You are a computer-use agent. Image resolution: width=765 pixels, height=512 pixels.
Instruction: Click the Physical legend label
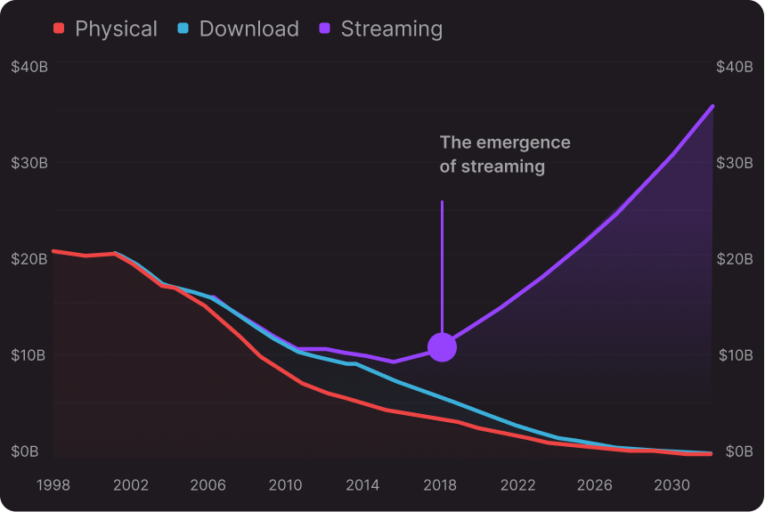[116, 28]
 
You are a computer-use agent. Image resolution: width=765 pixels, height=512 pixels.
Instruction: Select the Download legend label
[248, 28]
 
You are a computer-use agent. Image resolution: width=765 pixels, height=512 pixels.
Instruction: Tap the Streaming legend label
[391, 28]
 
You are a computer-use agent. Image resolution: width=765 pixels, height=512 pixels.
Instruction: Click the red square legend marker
[60, 28]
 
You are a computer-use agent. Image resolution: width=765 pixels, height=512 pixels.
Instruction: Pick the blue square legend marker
[183, 28]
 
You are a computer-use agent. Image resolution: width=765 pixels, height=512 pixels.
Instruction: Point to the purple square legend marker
[325, 28]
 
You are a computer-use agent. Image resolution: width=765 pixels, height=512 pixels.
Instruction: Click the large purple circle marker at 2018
[442, 347]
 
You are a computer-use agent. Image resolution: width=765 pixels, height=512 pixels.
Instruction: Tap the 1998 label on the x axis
[53, 485]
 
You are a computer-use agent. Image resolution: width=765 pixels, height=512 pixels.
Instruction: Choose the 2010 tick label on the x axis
[285, 485]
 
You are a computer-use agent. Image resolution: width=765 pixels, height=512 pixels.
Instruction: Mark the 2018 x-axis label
[440, 485]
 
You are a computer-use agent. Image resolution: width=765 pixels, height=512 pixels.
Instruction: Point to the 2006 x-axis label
[208, 485]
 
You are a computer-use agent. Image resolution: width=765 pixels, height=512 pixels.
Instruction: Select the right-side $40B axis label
[735, 67]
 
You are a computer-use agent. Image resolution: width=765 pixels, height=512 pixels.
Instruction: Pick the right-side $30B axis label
[735, 163]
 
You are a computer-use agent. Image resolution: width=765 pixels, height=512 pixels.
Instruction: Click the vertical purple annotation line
[442, 267]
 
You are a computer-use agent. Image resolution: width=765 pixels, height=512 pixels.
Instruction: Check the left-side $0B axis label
[25, 451]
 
